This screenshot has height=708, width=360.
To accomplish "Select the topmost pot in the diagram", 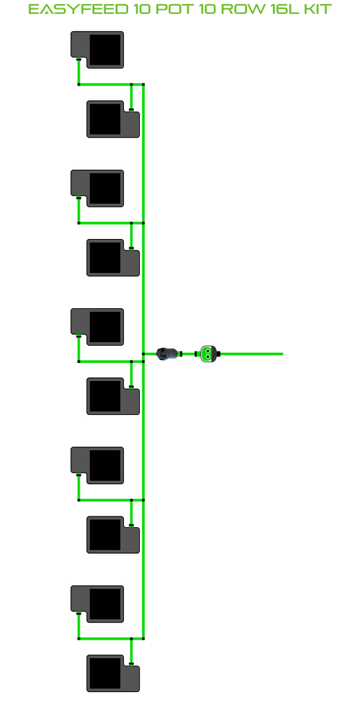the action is click(97, 50).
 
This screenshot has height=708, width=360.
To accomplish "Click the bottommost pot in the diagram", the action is click(113, 673).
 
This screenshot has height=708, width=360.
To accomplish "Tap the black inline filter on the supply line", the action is click(168, 354).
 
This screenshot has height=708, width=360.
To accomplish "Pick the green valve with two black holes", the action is click(208, 354).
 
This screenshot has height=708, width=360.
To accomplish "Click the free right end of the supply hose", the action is click(282, 354).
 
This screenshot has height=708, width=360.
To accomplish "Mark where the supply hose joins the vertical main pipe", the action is click(143, 354).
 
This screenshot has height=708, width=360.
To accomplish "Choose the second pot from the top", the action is click(113, 119).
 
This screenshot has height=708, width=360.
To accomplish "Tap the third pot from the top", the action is click(97, 188).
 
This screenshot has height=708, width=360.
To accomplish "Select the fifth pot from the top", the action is click(97, 327).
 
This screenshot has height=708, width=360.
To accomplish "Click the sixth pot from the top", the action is click(113, 396).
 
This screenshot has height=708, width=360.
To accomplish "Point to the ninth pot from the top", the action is click(97, 604).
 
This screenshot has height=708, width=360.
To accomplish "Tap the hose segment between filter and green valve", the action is click(189, 354).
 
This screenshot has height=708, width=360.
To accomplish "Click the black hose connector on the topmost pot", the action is click(78, 59).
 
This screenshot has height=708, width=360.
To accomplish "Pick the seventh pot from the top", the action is click(97, 465).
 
